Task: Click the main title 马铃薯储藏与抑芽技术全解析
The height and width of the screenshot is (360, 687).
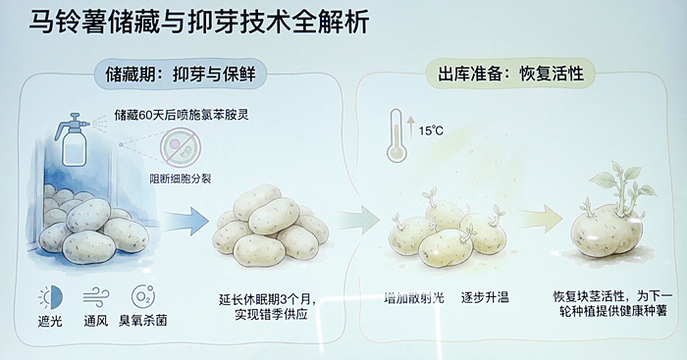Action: click(x=199, y=23)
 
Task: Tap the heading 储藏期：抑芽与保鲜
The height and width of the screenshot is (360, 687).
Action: click(x=180, y=75)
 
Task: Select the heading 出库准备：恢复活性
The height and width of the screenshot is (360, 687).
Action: click(x=511, y=74)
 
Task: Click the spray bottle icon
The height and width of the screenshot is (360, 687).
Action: click(x=74, y=139)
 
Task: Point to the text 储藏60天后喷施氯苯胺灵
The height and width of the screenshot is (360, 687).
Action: click(x=182, y=115)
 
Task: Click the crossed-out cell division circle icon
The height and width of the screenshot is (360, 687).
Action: click(x=180, y=147)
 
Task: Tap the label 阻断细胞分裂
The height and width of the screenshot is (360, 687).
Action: click(x=181, y=179)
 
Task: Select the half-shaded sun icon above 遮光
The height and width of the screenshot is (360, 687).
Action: click(x=51, y=297)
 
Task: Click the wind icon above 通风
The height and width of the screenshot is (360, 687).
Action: click(x=96, y=298)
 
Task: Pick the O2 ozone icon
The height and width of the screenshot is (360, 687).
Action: click(x=143, y=296)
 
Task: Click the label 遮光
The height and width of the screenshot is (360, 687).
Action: click(x=50, y=321)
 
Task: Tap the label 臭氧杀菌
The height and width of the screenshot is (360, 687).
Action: click(x=143, y=321)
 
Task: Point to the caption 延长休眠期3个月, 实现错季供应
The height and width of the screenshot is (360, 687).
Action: click(x=267, y=307)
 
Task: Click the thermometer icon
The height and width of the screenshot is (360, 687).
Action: click(x=396, y=135)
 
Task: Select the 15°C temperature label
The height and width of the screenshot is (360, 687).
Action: click(x=431, y=130)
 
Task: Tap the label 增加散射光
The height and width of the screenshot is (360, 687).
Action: click(x=414, y=298)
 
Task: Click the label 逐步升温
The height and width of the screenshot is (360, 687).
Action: click(x=485, y=298)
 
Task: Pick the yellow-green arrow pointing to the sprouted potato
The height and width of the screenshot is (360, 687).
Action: click(x=541, y=218)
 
